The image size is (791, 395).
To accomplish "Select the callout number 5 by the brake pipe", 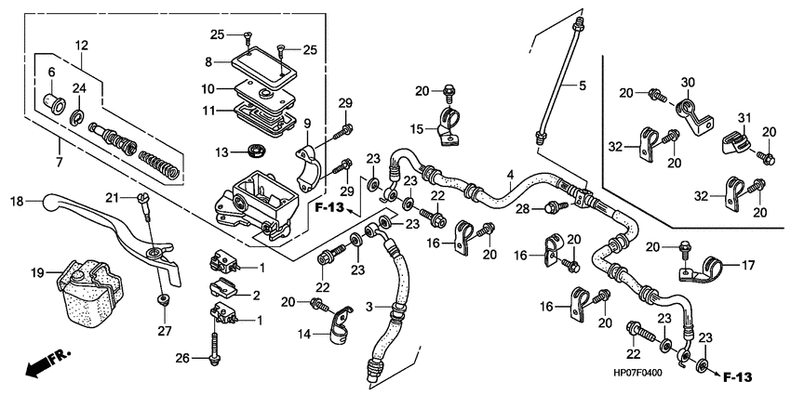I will click(x=583, y=86).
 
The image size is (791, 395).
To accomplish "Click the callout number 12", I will click(x=82, y=45).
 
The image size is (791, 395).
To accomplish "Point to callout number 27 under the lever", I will click(x=164, y=330).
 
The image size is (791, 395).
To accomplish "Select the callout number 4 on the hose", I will click(x=509, y=175).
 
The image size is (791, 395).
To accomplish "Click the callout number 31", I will click(x=744, y=116).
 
